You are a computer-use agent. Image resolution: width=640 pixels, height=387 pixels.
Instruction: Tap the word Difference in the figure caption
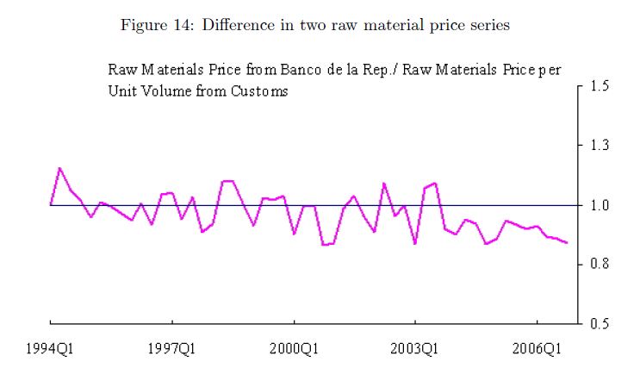[235, 25]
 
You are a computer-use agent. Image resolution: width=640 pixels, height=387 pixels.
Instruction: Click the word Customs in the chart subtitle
[260, 91]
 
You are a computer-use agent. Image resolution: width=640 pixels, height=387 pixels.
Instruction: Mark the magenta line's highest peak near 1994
[59, 168]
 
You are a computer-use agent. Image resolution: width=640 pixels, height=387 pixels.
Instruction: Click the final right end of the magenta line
[567, 243]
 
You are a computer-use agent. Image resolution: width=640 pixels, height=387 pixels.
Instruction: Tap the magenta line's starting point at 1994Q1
[51, 204]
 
